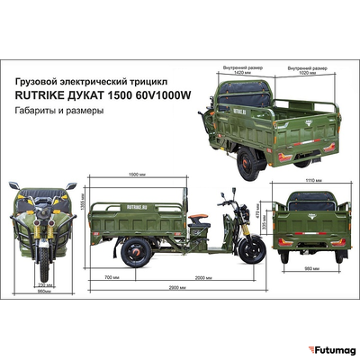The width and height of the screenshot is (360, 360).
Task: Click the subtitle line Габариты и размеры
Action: [58, 112]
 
